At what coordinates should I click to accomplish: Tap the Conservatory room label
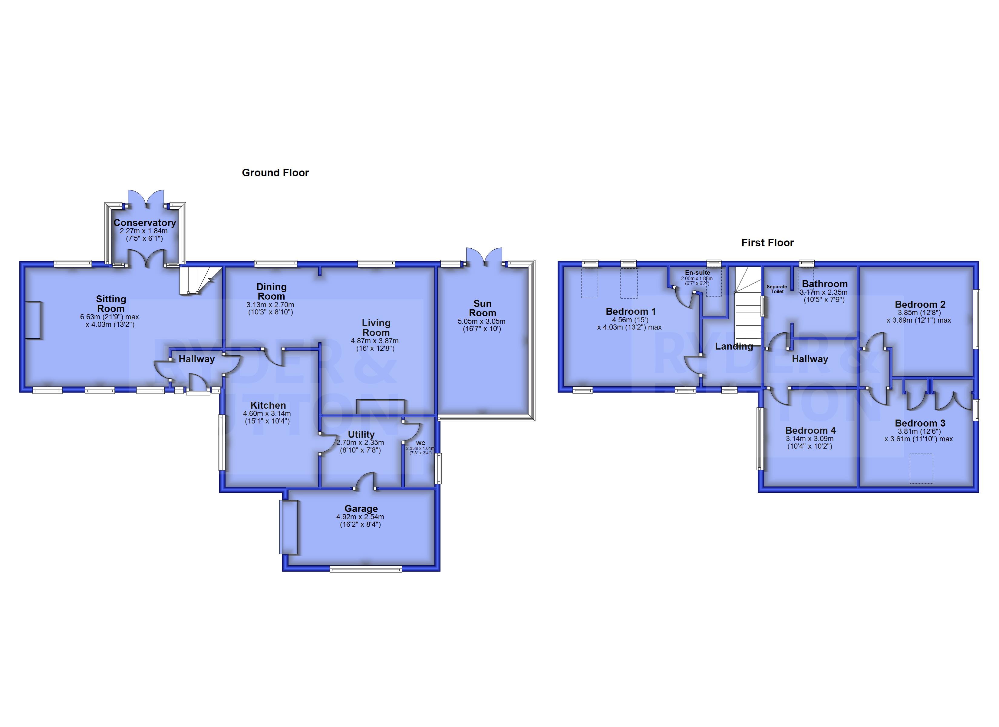pos(144,223)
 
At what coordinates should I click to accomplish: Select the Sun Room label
pos(482,308)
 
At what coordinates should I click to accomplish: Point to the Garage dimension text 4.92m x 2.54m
pos(360,517)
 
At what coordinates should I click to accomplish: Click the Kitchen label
pos(268,405)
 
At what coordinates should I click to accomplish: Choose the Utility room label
pos(361,434)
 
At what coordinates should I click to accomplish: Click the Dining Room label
pos(271,291)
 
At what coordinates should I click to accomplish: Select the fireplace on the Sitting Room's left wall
pos(33,320)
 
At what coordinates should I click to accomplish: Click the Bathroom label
pos(825,284)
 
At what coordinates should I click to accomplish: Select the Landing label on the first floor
pos(734,347)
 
